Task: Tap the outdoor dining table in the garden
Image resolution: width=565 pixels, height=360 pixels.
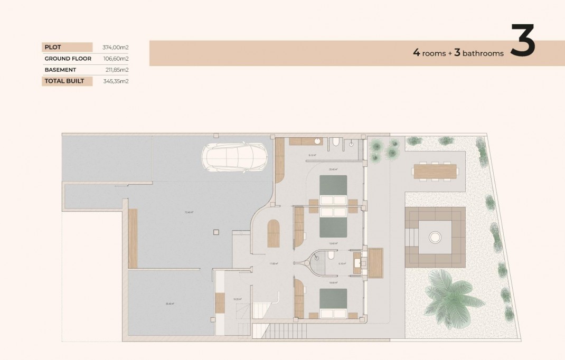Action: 435,171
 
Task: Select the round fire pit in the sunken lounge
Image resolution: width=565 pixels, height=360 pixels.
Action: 435,237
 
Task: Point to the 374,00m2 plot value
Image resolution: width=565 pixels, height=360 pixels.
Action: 116,47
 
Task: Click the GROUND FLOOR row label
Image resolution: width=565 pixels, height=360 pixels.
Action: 68,59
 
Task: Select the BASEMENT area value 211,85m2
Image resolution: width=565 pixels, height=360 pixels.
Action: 117,70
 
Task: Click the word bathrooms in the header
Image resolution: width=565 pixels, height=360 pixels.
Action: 483,53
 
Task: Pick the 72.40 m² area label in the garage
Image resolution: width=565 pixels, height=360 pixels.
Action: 189,213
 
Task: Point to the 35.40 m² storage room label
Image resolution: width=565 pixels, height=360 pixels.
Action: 170,304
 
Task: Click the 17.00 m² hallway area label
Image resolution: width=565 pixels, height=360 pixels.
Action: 274,263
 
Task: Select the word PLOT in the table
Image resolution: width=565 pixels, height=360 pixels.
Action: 53,47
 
